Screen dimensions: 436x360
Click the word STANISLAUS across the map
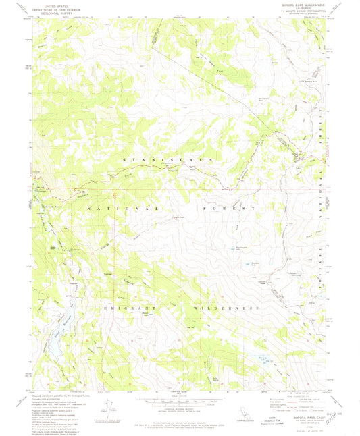pos(169,159)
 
